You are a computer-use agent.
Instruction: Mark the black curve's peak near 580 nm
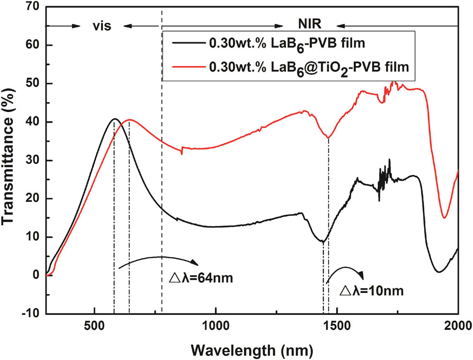[114, 119]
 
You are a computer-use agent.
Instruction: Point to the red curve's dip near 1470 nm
[328, 137]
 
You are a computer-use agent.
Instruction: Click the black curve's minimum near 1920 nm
[439, 272]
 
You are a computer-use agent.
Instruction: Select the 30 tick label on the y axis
[35, 160]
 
